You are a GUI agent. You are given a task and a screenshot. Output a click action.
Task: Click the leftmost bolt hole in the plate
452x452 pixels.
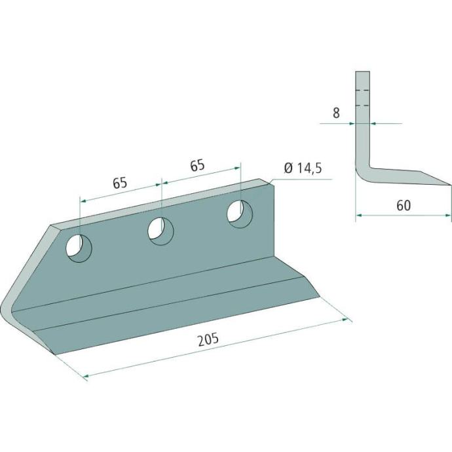click(79, 248)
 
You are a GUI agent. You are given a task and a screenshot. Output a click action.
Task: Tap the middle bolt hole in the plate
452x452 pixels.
click(160, 231)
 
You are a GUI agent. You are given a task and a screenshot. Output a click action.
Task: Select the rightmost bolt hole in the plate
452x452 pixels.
click(240, 214)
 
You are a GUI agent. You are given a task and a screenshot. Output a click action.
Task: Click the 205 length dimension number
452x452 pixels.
click(208, 339)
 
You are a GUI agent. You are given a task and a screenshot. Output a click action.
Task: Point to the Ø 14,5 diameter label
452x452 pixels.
click(303, 168)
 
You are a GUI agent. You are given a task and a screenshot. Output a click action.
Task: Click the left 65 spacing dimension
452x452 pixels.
click(120, 183)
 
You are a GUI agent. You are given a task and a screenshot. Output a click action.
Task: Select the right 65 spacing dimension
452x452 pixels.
click(197, 166)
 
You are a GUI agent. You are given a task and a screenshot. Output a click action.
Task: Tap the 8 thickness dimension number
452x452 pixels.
click(336, 113)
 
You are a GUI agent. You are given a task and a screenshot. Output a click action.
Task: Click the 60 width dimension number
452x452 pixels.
click(404, 206)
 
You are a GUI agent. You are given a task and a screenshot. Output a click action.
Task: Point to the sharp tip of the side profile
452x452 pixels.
click(450, 185)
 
